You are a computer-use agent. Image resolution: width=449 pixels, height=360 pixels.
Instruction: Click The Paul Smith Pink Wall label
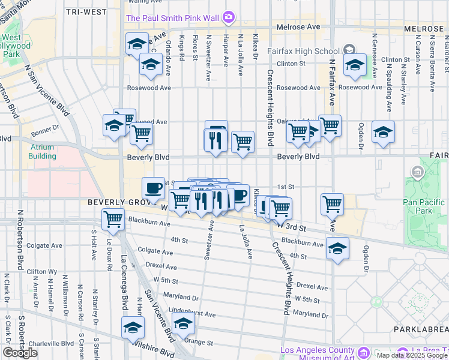pyautogui.click(x=172, y=17)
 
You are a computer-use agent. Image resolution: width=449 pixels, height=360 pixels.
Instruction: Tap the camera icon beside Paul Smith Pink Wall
pyautogui.click(x=228, y=17)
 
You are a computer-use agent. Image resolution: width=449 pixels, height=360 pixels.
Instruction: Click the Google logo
pyautogui.click(x=20, y=353)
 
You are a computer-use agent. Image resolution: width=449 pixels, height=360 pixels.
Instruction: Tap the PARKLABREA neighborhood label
pyautogui.click(x=421, y=329)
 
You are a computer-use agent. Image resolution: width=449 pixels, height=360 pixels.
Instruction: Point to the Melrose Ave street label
pyautogui.click(x=298, y=27)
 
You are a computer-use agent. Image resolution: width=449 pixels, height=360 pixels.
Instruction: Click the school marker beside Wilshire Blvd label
pyautogui.click(x=133, y=327)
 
